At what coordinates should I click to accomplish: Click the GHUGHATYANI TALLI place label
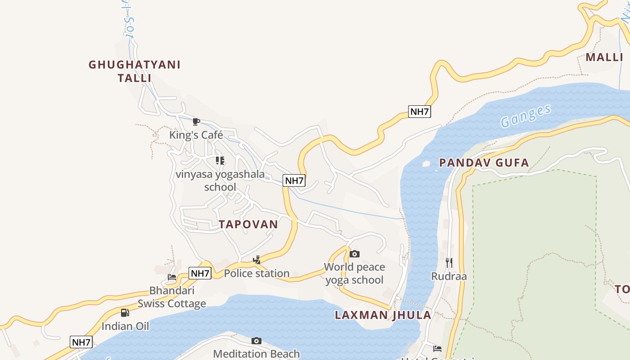click(135, 71)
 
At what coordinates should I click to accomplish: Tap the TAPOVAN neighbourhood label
click(248, 224)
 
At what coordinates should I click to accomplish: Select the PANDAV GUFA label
click(484, 163)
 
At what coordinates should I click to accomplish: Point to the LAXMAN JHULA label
click(383, 315)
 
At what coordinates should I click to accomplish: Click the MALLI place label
click(604, 58)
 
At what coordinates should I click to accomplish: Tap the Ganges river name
click(526, 116)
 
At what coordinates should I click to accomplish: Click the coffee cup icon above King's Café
click(196, 121)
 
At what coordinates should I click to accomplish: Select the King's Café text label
click(196, 135)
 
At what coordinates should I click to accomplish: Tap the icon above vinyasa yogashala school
click(220, 160)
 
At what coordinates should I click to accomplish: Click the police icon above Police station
click(256, 260)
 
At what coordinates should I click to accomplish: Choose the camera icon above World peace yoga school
click(355, 254)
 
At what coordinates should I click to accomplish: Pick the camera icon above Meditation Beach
click(256, 341)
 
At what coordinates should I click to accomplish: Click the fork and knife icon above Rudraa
click(449, 262)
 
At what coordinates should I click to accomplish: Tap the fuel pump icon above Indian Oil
click(125, 312)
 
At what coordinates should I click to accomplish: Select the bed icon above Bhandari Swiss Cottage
click(171, 277)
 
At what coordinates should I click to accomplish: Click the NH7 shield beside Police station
click(200, 273)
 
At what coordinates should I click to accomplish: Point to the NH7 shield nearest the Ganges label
click(419, 112)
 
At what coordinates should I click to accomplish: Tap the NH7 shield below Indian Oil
click(81, 342)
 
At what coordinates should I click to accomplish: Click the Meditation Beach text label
click(256, 354)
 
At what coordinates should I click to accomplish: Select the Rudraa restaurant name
click(449, 276)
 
